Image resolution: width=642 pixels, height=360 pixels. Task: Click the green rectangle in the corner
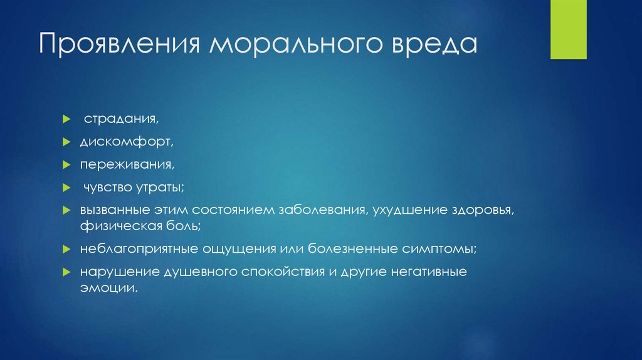[x=568, y=29]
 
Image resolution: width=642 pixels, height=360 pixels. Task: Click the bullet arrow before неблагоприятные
[x=66, y=248]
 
